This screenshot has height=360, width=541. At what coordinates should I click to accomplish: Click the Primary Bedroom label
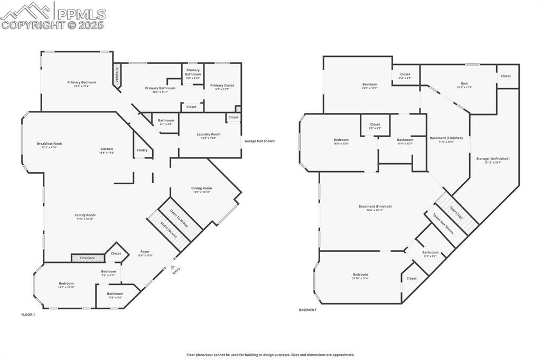click(x=81, y=82)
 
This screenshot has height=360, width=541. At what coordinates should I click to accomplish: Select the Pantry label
click(x=142, y=150)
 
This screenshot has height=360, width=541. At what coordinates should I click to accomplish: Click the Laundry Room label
click(x=208, y=135)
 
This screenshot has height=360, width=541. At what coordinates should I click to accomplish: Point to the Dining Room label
click(x=201, y=188)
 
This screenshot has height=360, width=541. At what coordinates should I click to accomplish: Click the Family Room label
click(x=85, y=215)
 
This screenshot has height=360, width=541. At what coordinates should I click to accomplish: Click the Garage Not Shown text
click(x=259, y=141)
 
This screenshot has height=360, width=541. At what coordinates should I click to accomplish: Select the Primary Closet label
click(x=222, y=86)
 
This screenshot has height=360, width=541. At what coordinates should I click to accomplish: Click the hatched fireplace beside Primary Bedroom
click(x=117, y=74)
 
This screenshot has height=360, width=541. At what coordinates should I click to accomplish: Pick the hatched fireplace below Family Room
click(x=88, y=258)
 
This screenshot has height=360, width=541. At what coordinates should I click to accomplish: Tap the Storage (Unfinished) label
click(x=492, y=158)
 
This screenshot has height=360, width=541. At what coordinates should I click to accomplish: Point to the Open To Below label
click(x=180, y=217)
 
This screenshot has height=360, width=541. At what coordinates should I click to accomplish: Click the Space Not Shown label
click(x=443, y=223)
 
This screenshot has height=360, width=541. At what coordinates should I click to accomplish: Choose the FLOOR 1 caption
click(x=28, y=315)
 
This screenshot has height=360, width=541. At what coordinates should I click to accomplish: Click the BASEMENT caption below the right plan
click(x=307, y=310)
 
